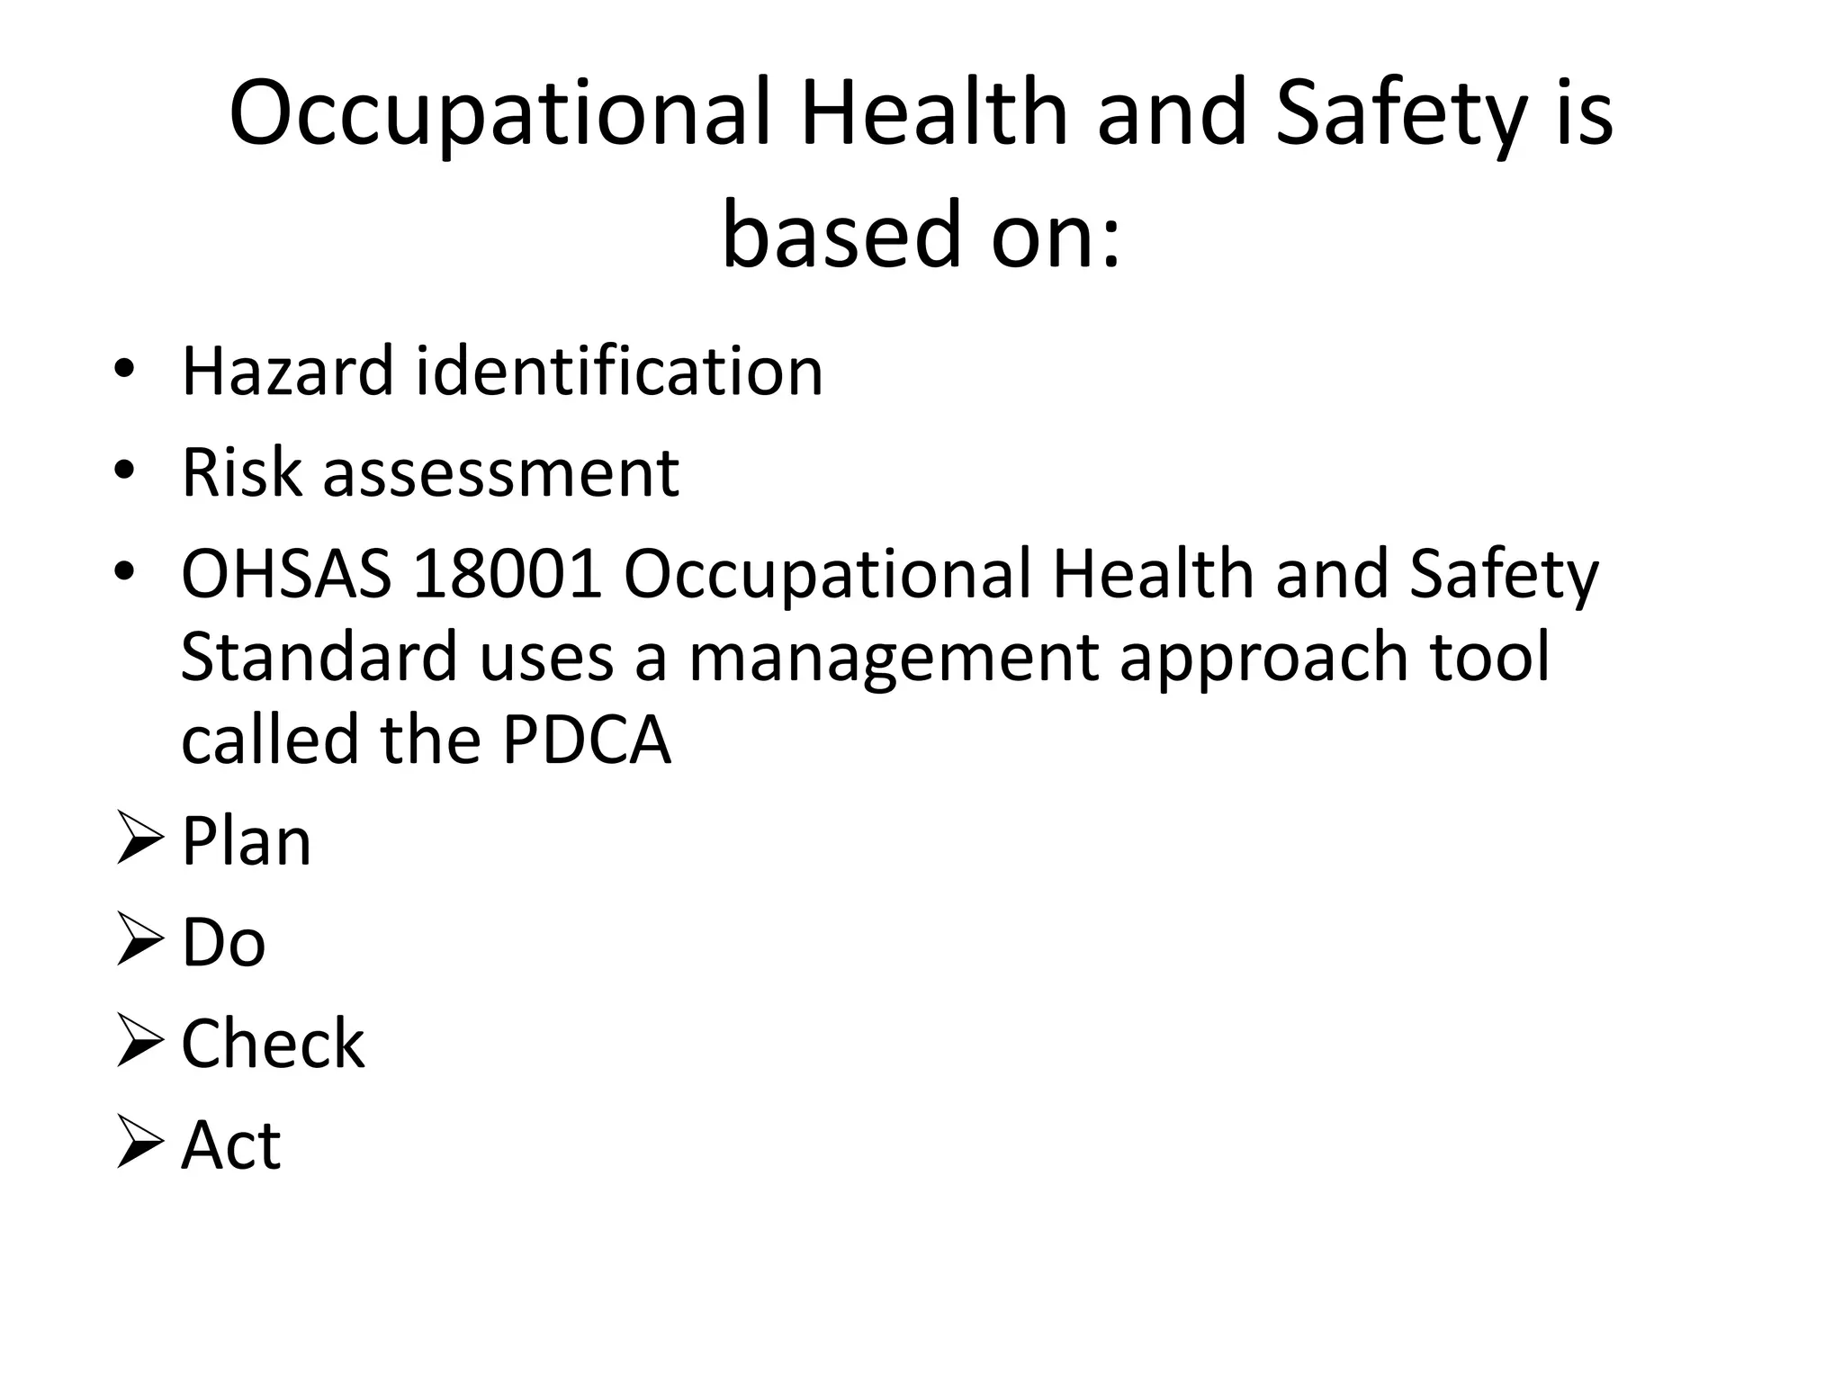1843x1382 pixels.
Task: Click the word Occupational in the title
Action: (499, 115)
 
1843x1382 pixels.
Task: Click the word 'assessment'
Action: (500, 473)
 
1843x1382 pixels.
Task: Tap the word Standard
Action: (319, 656)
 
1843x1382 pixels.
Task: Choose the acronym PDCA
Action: (587, 740)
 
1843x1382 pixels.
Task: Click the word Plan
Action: (246, 841)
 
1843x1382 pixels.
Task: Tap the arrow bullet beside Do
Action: (139, 942)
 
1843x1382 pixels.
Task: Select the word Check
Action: (273, 1044)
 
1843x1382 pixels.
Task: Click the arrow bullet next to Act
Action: (139, 1144)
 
